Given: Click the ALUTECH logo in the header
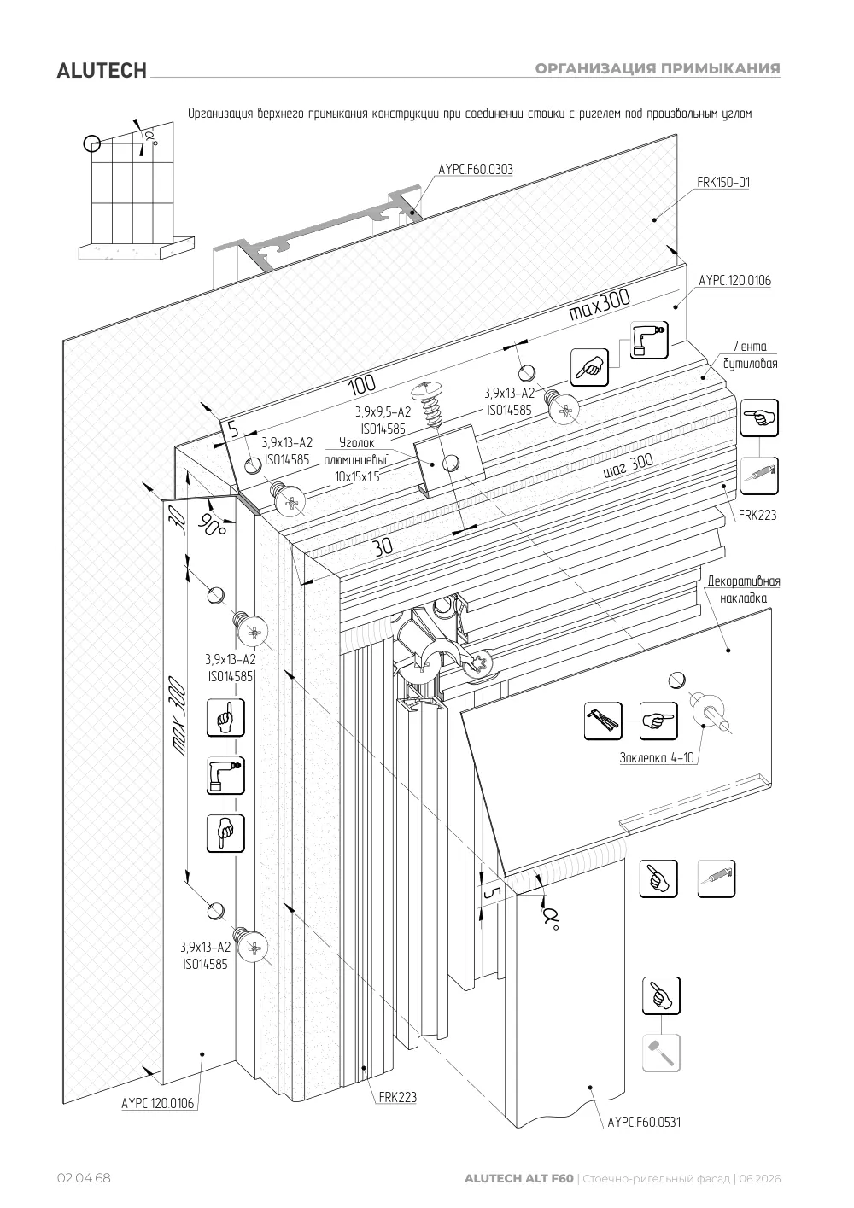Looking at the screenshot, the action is coord(102,71).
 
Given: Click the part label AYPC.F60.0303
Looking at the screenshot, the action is coord(476,169).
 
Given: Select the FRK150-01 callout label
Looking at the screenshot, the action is coord(723,183).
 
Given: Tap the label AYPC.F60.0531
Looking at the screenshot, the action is coord(644,1123).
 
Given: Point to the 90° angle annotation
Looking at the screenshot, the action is coord(213,522).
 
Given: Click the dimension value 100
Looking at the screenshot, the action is coord(362,384).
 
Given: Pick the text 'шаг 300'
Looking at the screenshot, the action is coord(628,465).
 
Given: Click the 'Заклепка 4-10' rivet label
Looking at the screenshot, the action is coord(657,757).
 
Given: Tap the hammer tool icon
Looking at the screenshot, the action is coord(661,1052).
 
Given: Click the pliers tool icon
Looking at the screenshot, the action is coord(603,721).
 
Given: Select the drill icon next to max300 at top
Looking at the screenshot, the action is coord(649,341).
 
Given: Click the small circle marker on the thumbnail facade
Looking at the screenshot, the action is coord(91,143).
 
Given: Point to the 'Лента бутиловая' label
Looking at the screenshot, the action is coord(751,355).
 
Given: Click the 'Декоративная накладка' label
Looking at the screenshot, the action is coord(743,589).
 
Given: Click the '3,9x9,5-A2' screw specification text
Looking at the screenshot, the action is coord(383,412).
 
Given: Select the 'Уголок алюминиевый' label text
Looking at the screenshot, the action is coord(357,452).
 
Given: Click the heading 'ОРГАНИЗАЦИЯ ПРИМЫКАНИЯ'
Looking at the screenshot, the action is coord(658,69).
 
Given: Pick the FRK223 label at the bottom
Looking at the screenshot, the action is coord(398,1098).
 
